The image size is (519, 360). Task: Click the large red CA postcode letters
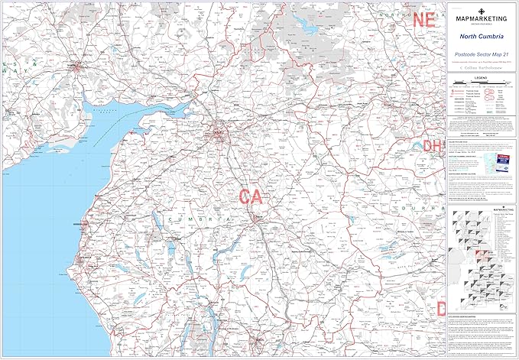(x=251, y=196)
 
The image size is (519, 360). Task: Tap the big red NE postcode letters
(x=423, y=21)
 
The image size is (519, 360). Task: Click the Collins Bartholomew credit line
(x=483, y=68)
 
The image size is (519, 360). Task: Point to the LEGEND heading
(x=483, y=78)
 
